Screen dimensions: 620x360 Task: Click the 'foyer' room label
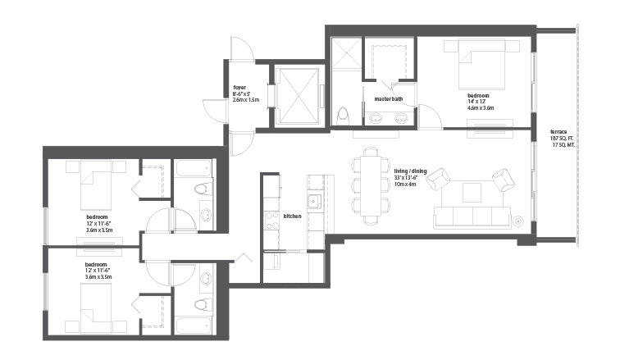click(x=239, y=87)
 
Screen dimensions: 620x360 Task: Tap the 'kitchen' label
click(x=292, y=216)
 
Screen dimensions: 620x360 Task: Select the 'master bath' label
click(x=388, y=98)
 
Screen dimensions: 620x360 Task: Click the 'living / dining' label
click(x=410, y=171)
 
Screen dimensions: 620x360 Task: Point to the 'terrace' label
click(x=558, y=132)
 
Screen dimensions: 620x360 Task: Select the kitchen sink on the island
click(x=315, y=202)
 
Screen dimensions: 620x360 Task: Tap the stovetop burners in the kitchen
click(x=271, y=221)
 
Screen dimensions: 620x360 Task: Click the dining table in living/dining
click(x=371, y=185)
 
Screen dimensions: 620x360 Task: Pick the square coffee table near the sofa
click(x=472, y=193)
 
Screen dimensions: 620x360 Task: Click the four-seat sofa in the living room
click(x=472, y=217)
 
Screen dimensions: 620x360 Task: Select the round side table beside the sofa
click(x=518, y=221)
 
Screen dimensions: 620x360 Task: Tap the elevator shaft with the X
click(x=298, y=95)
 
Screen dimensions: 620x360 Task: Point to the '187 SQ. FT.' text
click(x=562, y=139)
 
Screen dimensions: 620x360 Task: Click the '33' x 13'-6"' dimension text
click(x=406, y=178)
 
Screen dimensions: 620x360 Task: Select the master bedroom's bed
click(x=481, y=64)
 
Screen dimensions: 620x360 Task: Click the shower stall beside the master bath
click(x=346, y=52)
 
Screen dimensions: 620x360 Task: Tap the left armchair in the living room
click(x=440, y=178)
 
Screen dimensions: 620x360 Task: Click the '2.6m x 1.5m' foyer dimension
click(x=246, y=100)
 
